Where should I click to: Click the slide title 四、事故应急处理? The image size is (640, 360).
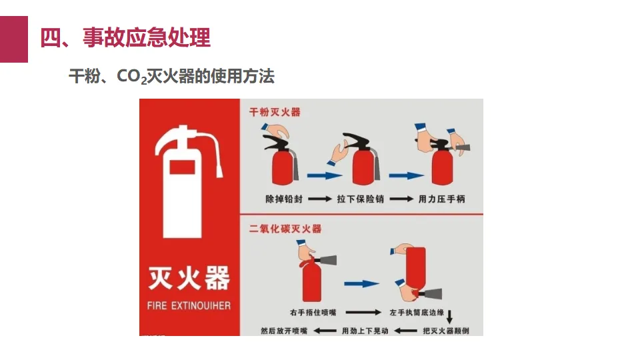point(125,37)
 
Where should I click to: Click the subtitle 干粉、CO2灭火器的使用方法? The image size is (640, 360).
point(171,76)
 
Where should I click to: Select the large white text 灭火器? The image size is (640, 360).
point(189,279)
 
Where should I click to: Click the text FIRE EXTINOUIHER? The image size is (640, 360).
point(189,306)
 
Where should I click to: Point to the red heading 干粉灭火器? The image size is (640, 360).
point(275,112)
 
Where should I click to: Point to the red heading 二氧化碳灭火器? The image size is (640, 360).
point(285,229)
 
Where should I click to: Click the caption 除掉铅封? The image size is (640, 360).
point(284,199)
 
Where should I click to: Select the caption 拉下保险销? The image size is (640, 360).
point(361,199)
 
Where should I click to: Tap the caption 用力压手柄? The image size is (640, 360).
point(441,199)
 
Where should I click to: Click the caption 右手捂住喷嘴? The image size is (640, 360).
point(313,313)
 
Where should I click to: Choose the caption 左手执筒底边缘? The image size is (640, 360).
point(417,313)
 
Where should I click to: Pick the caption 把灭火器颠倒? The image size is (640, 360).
point(446,331)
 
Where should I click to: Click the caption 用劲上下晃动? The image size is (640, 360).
point(365,331)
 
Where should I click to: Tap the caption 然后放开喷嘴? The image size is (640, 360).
point(284,331)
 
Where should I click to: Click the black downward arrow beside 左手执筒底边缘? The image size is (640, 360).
point(449,317)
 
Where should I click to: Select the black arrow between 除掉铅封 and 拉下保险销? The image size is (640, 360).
point(320,199)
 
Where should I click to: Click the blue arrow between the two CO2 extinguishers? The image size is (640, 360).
point(361,284)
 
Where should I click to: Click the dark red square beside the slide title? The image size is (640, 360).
point(14,39)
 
